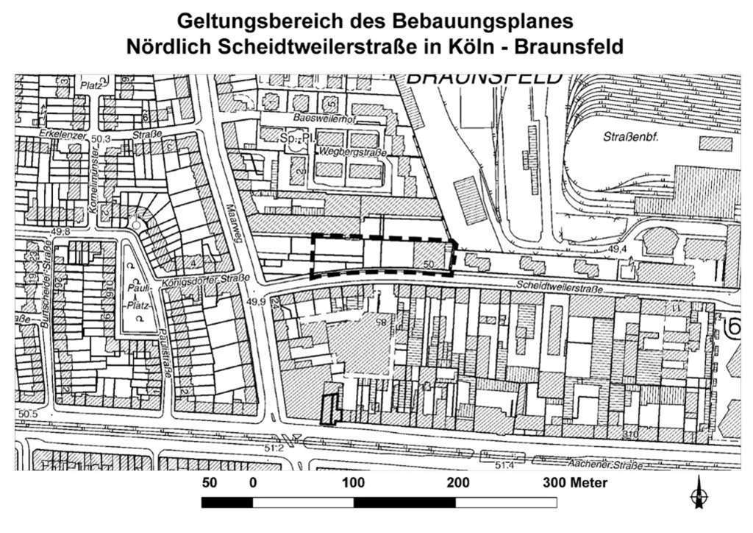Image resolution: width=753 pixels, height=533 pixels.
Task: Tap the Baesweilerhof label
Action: click(x=323, y=118)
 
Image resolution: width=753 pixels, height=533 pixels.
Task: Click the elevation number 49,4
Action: click(x=617, y=250)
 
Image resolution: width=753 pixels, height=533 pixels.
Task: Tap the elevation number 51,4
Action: click(x=504, y=466)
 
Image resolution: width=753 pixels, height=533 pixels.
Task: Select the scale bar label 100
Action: click(x=354, y=484)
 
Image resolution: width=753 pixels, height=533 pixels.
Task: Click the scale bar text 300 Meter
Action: click(x=575, y=484)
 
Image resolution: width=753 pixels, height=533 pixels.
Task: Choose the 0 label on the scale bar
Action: click(x=253, y=484)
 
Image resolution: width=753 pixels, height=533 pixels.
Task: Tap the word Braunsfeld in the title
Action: click(x=569, y=46)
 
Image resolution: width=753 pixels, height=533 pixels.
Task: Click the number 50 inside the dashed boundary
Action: click(x=430, y=264)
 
